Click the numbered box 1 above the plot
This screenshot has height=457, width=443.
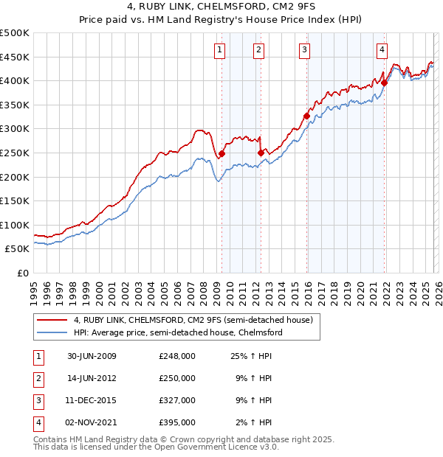(221, 50)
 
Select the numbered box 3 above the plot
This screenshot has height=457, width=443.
(304, 50)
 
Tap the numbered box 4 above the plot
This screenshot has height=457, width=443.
(382, 50)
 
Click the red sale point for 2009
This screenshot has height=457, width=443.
(221, 153)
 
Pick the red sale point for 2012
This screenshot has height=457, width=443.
(260, 153)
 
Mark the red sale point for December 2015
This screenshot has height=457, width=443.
(306, 116)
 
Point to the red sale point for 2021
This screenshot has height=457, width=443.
(384, 83)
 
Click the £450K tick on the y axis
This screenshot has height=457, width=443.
(15, 57)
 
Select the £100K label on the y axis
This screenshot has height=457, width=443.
(15, 225)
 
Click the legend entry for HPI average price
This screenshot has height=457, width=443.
(178, 332)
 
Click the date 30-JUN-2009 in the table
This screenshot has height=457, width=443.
(92, 356)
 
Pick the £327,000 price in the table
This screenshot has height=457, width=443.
(176, 402)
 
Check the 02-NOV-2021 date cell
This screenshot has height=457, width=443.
(92, 423)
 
